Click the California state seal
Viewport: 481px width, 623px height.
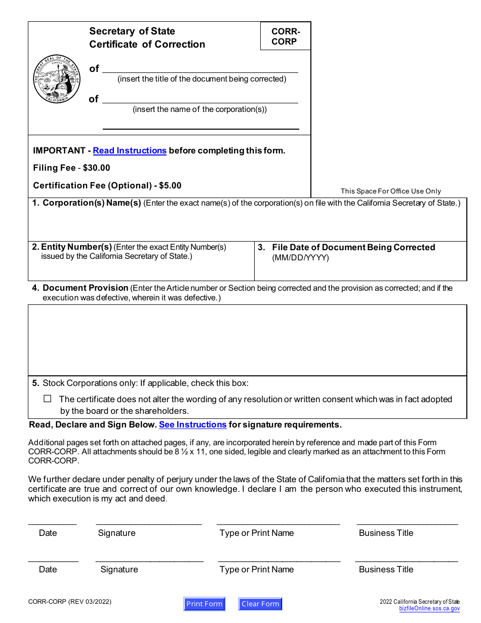coord(57,80)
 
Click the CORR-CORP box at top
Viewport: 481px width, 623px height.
coord(286,36)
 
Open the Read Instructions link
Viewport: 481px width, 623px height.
coord(130,150)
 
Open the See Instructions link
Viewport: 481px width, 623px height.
coord(192,424)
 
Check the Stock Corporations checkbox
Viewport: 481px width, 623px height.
coord(48,399)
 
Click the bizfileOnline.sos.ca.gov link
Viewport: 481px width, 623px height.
coord(429,609)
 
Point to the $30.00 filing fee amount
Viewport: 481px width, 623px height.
coord(96,168)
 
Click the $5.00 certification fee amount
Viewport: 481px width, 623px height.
coord(170,185)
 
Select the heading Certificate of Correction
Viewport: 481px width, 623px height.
coord(147,45)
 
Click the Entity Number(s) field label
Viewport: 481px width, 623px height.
coord(76,247)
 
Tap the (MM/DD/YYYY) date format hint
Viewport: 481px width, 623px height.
coord(300,258)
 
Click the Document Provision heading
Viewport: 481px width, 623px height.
coord(85,288)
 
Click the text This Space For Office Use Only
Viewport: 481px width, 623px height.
coord(390,191)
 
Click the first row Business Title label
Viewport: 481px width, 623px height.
coord(386,533)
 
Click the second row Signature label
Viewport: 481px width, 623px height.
coord(119,569)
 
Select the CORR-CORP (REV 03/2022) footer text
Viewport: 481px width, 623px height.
coord(70,602)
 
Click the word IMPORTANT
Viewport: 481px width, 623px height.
coord(59,150)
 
